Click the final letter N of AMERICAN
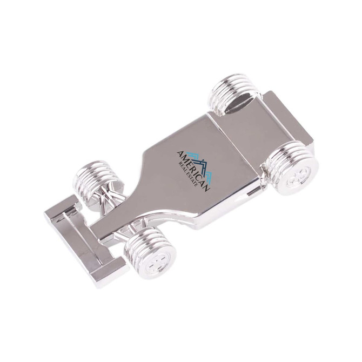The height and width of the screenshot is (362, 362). (206, 185)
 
